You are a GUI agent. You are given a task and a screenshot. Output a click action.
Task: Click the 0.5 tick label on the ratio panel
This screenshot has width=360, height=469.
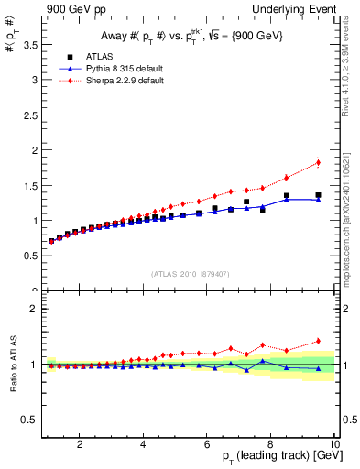point(29,420)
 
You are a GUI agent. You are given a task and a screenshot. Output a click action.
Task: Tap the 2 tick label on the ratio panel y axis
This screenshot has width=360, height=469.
point(34,309)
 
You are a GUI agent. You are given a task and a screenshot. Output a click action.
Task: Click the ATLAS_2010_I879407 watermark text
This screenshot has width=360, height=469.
point(190,272)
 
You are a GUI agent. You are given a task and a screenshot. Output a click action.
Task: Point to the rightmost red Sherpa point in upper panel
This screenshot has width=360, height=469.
point(318,163)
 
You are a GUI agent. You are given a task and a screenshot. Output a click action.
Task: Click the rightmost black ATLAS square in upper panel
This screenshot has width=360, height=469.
point(318,195)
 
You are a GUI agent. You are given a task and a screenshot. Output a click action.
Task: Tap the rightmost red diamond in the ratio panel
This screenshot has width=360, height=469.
point(318,341)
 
